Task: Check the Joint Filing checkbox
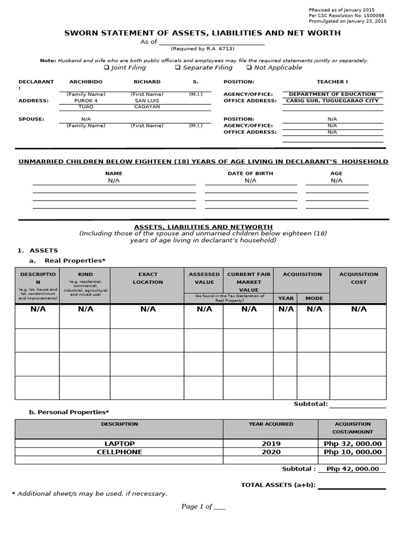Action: (106, 68)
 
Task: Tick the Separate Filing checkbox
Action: (178, 68)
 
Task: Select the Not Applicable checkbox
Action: (249, 68)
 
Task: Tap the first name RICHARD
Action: (147, 82)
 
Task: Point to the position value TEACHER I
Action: (332, 82)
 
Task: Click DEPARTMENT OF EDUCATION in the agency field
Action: (332, 94)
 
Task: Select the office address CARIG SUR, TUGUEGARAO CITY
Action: (332, 101)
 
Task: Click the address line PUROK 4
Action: (86, 101)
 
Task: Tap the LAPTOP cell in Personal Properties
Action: (119, 444)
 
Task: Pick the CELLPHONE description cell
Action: (119, 452)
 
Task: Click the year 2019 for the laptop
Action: (271, 444)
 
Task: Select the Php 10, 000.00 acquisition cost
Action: (352, 452)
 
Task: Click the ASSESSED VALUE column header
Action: (204, 278)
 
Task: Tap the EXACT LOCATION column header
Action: (148, 278)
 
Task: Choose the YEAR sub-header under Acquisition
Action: (286, 298)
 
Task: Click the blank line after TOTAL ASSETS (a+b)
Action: (351, 485)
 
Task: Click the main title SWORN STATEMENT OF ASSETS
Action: (202, 33)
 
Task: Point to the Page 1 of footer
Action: (203, 506)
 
